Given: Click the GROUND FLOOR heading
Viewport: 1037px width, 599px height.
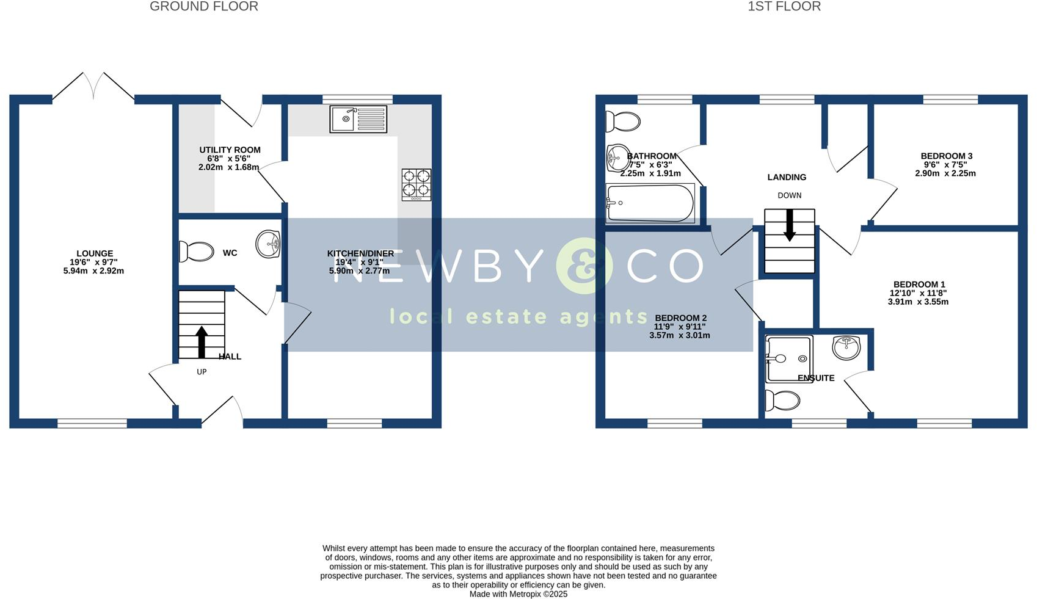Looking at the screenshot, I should click(204, 7).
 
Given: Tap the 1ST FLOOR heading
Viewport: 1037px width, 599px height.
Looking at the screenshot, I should click(784, 7).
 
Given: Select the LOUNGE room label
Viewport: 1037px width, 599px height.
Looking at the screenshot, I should click(95, 253).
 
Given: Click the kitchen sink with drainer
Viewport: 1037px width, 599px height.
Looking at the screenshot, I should click(358, 119).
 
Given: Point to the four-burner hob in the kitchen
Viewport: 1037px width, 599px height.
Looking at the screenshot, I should click(416, 184).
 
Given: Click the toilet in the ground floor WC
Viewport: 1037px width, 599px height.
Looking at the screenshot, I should click(196, 252).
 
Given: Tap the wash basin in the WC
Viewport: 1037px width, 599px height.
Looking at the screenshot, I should click(267, 244).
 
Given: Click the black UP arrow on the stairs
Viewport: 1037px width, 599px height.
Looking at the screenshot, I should click(202, 342).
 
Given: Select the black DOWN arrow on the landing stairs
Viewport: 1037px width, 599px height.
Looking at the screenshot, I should click(790, 225).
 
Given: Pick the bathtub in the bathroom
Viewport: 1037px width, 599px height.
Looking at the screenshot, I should click(650, 203).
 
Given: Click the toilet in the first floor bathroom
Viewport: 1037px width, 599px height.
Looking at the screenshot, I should click(622, 122).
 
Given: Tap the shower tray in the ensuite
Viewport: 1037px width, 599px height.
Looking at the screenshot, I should click(788, 359).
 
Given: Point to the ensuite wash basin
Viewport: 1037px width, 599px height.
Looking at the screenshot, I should click(846, 347).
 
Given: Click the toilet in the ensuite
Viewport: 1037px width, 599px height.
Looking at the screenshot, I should click(782, 401).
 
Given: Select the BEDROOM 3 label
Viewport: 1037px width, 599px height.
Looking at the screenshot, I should click(947, 156).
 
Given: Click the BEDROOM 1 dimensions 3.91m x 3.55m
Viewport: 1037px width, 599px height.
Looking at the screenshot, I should click(918, 302).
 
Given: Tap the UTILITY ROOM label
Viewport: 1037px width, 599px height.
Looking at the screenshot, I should click(230, 150).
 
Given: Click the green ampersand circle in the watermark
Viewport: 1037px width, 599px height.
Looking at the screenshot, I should click(584, 266).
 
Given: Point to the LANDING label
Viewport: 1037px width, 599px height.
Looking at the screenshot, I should click(787, 178).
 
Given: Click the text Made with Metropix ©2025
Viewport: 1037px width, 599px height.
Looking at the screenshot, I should click(518, 594).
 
